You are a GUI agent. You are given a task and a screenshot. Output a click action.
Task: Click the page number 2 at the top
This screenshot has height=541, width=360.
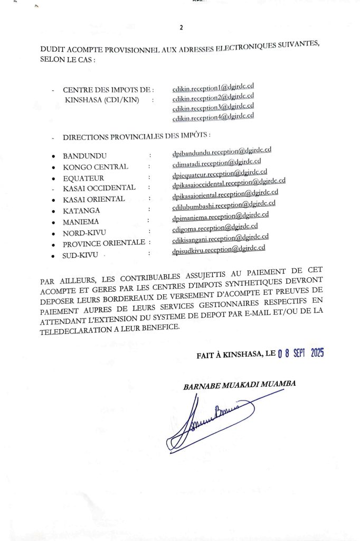click(181, 28)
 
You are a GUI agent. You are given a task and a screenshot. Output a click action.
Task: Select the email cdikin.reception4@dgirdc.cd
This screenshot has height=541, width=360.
click(213, 116)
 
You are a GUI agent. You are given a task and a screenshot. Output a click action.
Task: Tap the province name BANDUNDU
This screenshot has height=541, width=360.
click(84, 156)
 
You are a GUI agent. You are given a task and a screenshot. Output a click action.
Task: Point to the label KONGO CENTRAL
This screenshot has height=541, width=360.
click(95, 167)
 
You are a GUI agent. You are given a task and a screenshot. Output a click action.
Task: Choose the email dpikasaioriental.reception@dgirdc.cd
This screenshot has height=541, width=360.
click(225, 195)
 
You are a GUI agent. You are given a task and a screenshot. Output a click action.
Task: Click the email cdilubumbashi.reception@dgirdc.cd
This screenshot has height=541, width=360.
click(224, 205)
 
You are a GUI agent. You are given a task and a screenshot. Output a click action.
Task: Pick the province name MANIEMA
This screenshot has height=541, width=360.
click(81, 222)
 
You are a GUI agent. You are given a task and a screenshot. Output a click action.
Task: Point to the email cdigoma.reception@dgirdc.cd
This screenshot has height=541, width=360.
click(215, 228)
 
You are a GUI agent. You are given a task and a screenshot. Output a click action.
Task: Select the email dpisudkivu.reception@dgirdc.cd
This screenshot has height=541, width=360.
click(219, 249)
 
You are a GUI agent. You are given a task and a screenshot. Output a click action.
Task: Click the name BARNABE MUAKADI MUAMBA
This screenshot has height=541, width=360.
click(239, 385)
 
